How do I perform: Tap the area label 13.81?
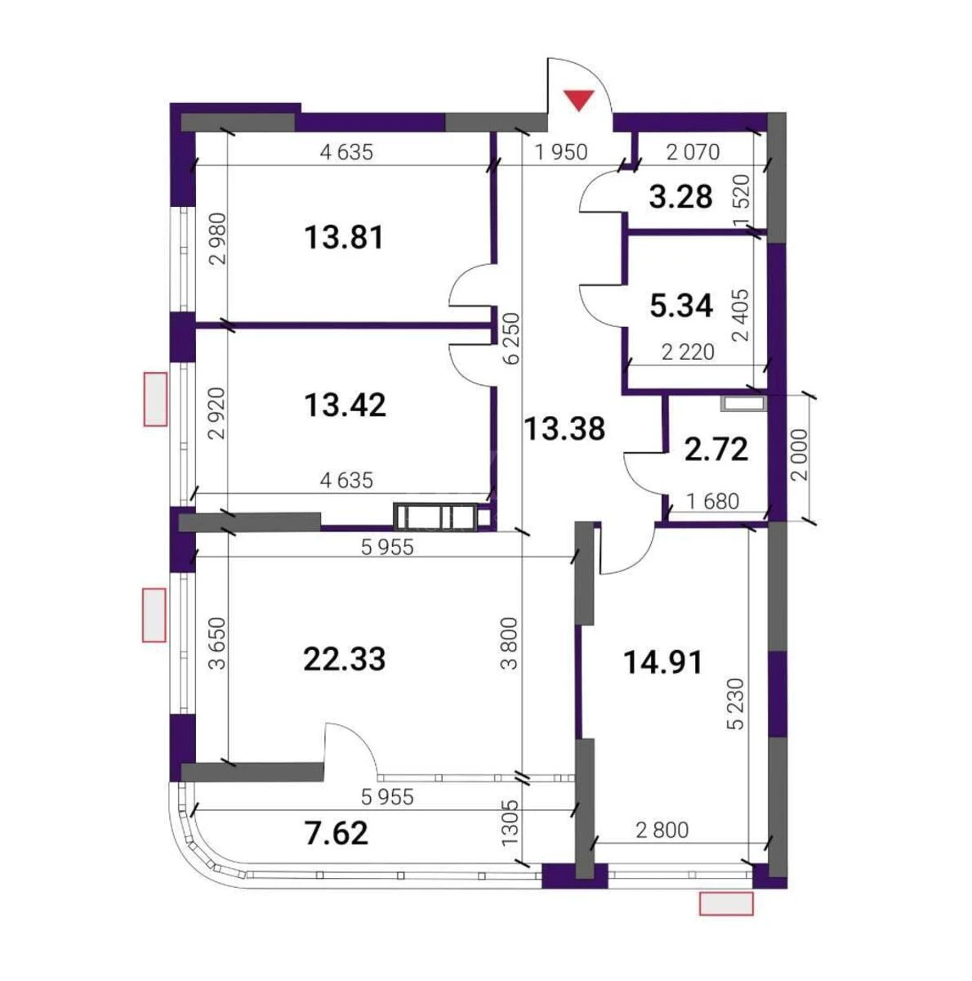343,238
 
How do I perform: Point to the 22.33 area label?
343,658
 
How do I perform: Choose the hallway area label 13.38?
564,428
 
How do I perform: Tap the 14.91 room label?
662,661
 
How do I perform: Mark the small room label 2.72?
716,449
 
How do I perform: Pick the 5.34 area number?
681,306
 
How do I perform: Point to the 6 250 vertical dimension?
511,338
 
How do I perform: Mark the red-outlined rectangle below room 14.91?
725,903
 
